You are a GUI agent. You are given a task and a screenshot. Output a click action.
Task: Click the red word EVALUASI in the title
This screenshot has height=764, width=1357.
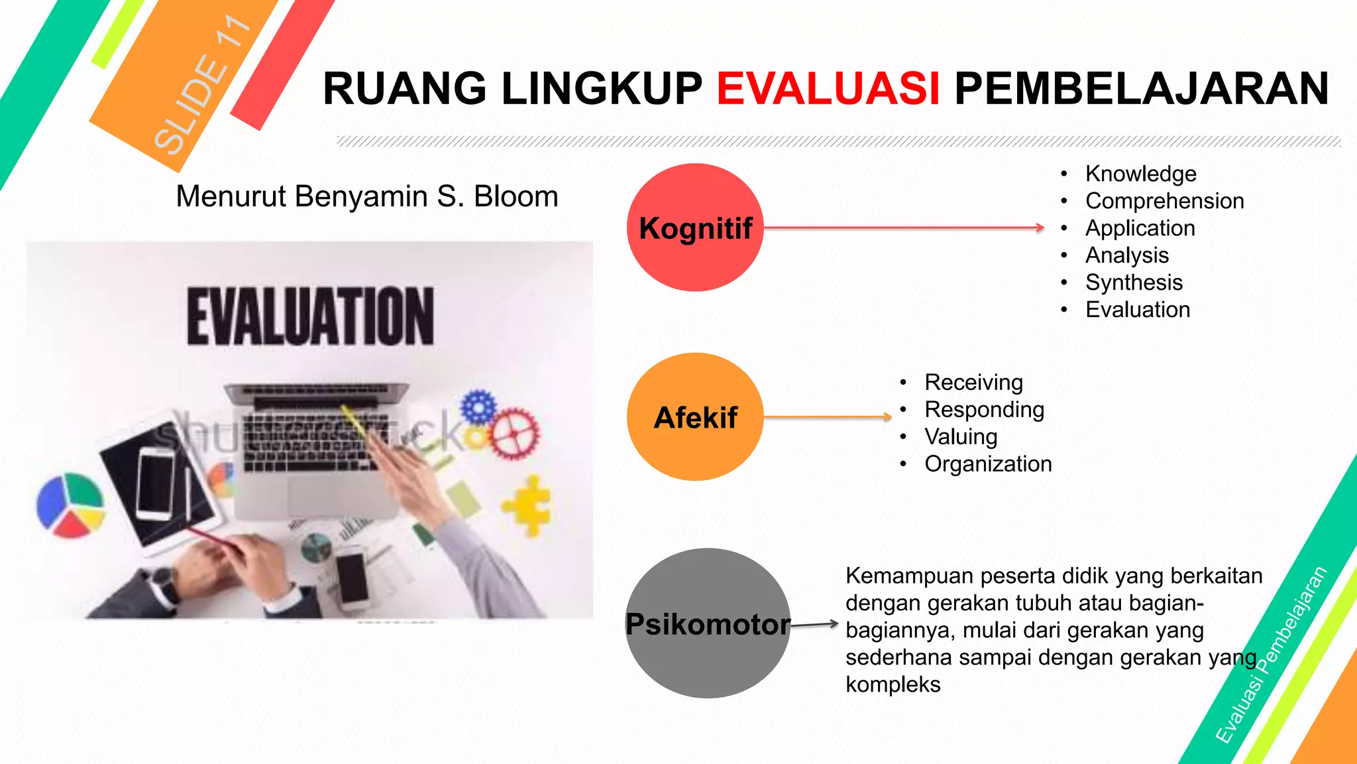[x=828, y=89]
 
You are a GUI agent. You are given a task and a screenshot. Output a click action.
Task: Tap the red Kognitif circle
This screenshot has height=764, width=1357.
[x=695, y=227]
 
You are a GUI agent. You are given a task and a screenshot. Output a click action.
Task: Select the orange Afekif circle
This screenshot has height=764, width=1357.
[x=695, y=417]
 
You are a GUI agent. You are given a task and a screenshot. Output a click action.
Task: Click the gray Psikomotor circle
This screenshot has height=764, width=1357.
[x=708, y=623]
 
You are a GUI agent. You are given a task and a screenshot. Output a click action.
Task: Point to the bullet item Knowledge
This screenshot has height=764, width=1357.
[x=1140, y=174]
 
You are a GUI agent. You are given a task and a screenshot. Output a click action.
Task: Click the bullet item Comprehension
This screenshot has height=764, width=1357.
[x=1164, y=201]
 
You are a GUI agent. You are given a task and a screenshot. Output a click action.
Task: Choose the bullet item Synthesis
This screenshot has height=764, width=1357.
[x=1134, y=283]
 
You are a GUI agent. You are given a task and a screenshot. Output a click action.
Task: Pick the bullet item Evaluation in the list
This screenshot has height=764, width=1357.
[x=1138, y=310]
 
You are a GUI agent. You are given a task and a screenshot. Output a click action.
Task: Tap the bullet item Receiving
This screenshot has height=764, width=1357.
[x=973, y=383]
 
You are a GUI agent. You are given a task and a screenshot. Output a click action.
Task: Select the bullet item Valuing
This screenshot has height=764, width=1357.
[x=961, y=437]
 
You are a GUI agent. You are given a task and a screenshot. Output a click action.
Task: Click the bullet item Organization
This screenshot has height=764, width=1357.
[x=988, y=464]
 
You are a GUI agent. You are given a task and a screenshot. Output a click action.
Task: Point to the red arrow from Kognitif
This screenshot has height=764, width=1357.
[x=904, y=227]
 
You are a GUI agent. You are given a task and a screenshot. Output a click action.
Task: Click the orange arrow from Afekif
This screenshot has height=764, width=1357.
[x=828, y=417]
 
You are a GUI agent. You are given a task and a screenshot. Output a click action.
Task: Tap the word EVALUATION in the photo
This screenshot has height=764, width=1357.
[x=311, y=316]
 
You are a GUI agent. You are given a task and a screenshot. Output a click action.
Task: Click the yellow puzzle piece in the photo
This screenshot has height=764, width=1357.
[x=528, y=505]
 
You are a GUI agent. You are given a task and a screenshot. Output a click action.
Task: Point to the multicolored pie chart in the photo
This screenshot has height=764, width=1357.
[x=70, y=505]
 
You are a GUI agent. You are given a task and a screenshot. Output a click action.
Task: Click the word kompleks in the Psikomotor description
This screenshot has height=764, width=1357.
[x=893, y=684]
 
